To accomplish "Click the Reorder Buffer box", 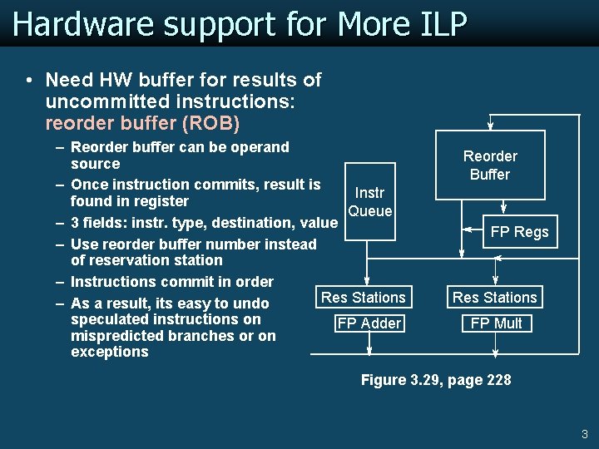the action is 491,165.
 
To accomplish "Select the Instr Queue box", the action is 369,202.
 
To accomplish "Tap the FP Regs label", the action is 519,232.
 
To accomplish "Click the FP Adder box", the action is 369,323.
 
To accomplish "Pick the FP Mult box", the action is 496,323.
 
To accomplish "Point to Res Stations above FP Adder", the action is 364,298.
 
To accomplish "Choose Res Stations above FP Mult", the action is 494,298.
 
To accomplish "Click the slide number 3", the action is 584,434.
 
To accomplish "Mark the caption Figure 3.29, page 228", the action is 436,380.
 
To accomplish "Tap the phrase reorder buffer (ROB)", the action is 143,124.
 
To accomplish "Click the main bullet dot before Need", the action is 29,81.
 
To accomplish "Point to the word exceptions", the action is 110,352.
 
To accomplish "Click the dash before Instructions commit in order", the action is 61,283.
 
